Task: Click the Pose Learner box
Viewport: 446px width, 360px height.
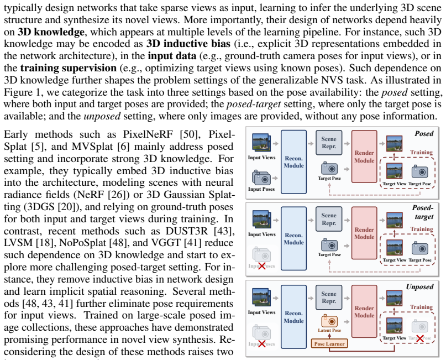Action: pos(329,343)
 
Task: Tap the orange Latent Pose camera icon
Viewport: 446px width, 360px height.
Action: pos(329,321)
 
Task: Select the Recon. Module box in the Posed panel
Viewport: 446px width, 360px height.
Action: pos(294,162)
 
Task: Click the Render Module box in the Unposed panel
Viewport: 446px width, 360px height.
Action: pos(364,312)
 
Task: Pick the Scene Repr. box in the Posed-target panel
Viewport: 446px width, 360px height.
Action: pos(329,219)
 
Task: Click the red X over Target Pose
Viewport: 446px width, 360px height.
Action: pos(419,338)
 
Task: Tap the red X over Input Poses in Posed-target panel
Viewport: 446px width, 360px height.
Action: pos(261,267)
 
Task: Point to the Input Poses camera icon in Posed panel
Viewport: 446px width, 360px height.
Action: pos(261,178)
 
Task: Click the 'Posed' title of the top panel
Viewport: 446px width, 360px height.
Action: pos(424,134)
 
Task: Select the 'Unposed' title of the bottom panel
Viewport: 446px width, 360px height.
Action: pos(419,286)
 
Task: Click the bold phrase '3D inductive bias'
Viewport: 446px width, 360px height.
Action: pos(188,44)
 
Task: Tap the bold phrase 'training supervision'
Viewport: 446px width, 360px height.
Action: pos(69,68)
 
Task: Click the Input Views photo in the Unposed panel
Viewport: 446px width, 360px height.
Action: pos(261,298)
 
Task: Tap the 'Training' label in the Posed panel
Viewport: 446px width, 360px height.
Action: pos(422,153)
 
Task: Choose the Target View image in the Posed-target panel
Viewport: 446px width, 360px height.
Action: pos(394,248)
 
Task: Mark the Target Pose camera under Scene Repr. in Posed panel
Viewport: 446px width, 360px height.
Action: pos(329,169)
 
